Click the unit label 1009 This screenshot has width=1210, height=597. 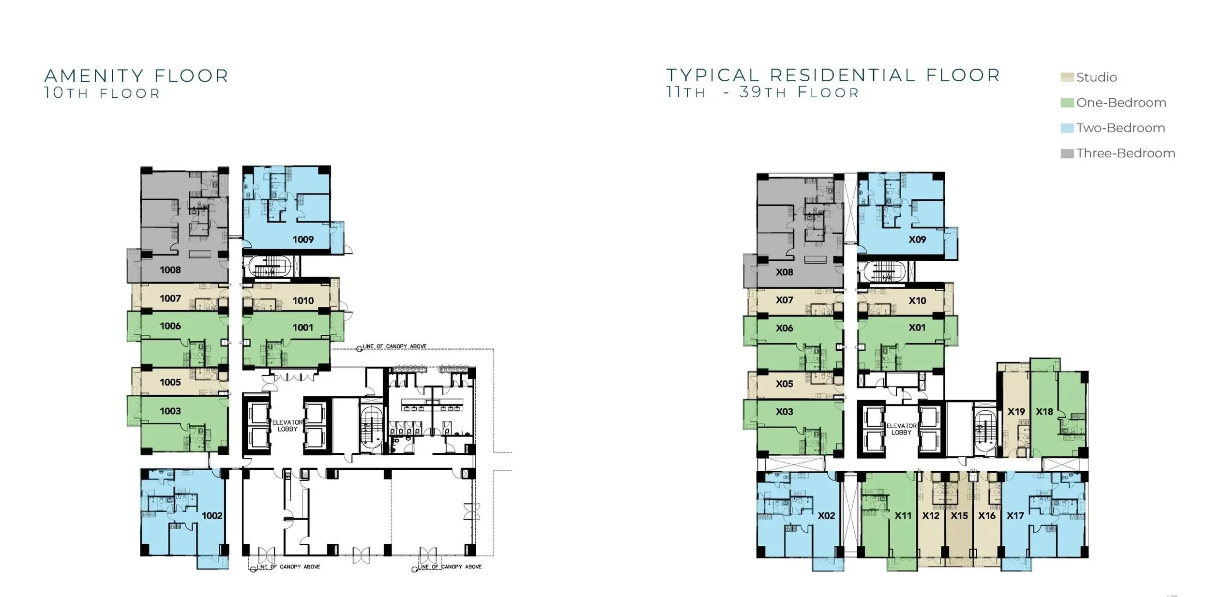click(x=303, y=239)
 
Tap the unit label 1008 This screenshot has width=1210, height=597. click(x=170, y=270)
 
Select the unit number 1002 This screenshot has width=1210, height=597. click(x=212, y=516)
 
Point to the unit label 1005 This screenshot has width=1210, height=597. click(x=170, y=382)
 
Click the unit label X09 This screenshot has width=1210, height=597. click(x=917, y=239)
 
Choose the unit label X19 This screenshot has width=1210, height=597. click(x=1016, y=412)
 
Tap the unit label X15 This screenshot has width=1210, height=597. click(x=959, y=516)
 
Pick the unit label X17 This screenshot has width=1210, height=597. click(x=1015, y=516)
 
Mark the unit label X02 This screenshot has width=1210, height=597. click(x=827, y=516)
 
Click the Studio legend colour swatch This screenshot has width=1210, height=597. click(x=1067, y=77)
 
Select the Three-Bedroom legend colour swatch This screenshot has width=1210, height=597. click(x=1067, y=153)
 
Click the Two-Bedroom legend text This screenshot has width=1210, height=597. click(x=1120, y=128)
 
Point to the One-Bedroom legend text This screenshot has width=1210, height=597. click(x=1121, y=103)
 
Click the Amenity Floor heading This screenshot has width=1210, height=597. click(x=136, y=76)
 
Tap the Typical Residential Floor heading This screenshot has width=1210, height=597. click(x=833, y=75)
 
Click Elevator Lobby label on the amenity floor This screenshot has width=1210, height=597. click(x=287, y=426)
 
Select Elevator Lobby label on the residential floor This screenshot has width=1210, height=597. click(x=901, y=429)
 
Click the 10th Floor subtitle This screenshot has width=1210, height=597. click(x=102, y=93)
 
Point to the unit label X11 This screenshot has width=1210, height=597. click(x=903, y=516)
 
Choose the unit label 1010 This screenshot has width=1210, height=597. click(x=303, y=301)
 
